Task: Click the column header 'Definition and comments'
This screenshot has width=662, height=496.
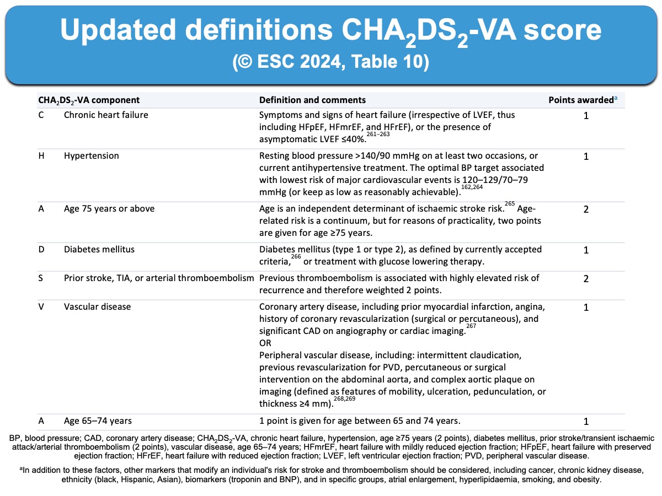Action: (312, 100)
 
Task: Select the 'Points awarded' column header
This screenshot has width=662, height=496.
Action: (580, 100)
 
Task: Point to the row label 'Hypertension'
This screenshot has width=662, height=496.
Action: (91, 156)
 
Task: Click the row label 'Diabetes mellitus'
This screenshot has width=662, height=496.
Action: (99, 250)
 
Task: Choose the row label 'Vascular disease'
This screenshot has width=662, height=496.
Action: (97, 306)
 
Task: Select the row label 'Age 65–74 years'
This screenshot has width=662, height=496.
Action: (98, 421)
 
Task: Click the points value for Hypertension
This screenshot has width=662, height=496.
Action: (586, 157)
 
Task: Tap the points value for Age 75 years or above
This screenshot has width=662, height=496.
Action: (586, 209)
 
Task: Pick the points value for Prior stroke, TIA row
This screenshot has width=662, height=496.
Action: (586, 279)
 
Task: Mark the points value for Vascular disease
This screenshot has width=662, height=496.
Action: (586, 307)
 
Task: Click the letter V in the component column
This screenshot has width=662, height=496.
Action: (41, 306)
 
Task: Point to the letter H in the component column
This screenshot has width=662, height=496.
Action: (41, 156)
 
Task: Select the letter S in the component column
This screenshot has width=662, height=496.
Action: (41, 278)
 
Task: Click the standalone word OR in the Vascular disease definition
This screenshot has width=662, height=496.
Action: (265, 343)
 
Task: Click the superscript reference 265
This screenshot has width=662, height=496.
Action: (509, 203)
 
